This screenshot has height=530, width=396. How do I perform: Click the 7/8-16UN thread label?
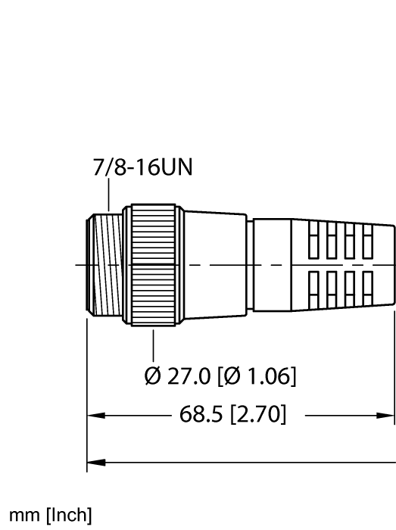(142, 167)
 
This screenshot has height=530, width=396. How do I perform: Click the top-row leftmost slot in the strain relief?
(313, 243)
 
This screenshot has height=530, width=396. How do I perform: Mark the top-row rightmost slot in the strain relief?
(369, 243)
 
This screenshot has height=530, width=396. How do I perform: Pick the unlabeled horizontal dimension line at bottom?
(242, 460)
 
